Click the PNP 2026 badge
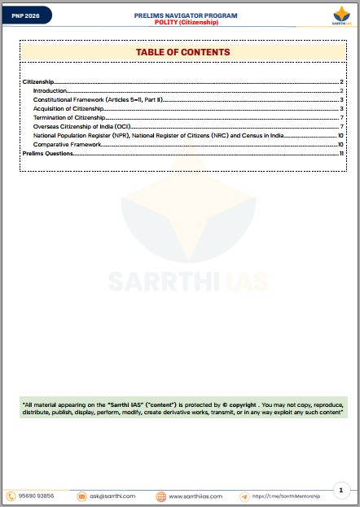(25, 15)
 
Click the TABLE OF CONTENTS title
(182, 52)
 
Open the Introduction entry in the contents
(50, 90)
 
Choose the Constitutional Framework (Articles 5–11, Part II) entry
(98, 99)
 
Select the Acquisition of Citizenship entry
(68, 108)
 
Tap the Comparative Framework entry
(67, 144)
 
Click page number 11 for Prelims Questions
(341, 153)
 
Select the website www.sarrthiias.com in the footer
(195, 496)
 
